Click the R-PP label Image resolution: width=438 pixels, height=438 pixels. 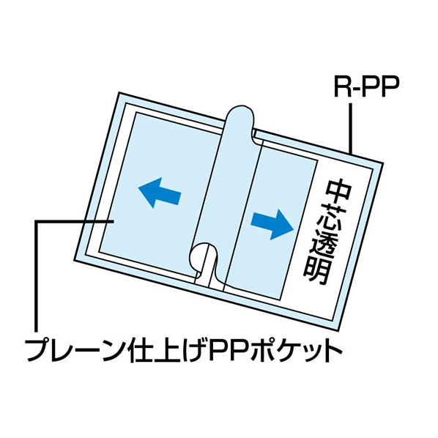[x=365, y=86]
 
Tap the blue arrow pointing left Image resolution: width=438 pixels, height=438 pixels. [x=160, y=193]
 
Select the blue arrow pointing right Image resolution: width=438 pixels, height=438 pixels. [x=272, y=224]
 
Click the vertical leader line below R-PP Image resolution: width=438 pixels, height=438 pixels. [x=350, y=128]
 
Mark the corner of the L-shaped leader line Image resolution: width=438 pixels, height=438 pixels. [x=36, y=221]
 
